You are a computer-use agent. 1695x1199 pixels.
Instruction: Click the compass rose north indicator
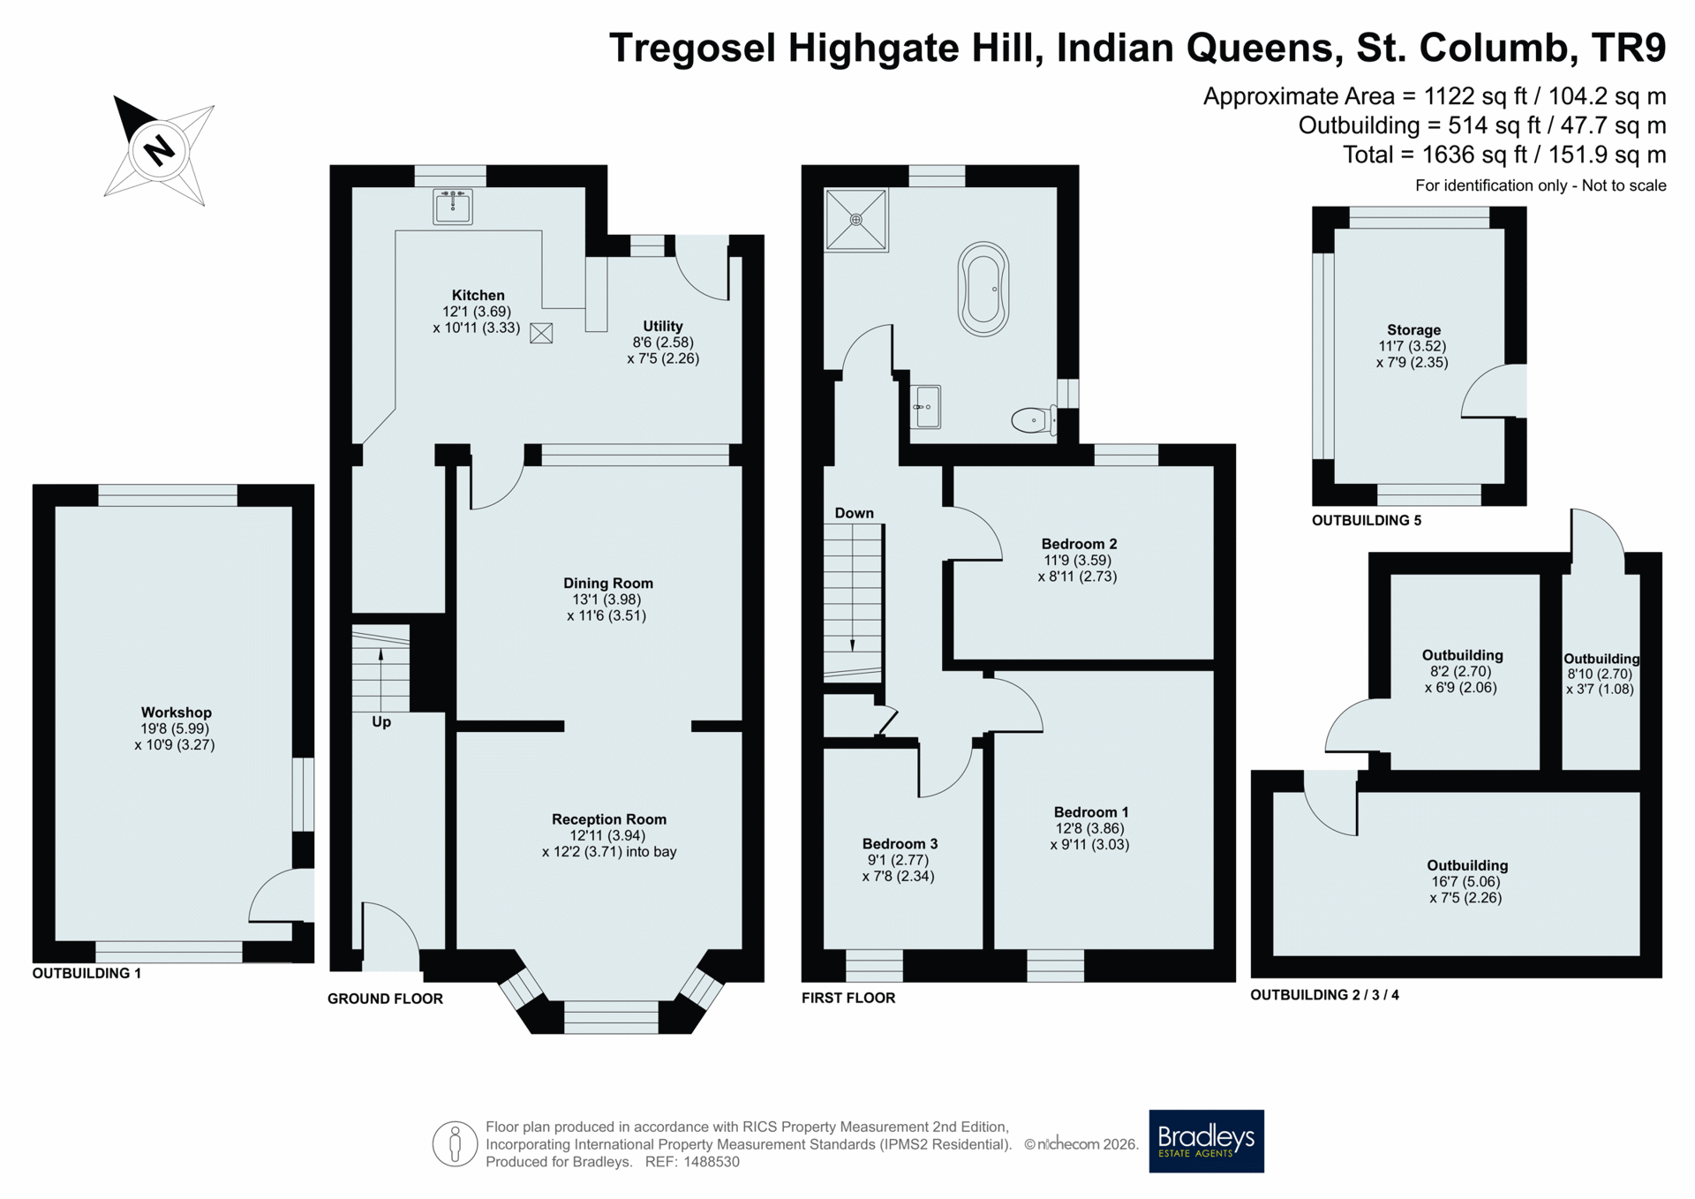159,150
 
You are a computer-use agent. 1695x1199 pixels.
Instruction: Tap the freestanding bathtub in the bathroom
983,290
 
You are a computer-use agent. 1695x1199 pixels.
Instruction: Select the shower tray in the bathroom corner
856,220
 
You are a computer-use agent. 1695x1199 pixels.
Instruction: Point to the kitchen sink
453,207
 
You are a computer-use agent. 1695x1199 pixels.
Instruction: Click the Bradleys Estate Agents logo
1206,1141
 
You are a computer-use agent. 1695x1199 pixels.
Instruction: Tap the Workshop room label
176,713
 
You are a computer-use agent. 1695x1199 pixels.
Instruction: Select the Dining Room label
608,583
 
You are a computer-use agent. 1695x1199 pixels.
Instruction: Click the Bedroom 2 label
1079,544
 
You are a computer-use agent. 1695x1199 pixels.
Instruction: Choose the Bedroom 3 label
900,844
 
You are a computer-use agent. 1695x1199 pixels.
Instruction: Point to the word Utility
662,326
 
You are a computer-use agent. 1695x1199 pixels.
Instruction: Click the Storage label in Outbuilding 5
1413,330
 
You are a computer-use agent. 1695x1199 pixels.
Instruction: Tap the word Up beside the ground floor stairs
381,721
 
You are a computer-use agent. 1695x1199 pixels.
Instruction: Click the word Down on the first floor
854,513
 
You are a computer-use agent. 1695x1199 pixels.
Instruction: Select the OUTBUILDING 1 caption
87,973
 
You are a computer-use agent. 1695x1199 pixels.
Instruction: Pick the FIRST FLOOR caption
848,998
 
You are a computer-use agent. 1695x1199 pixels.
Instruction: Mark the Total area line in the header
1504,155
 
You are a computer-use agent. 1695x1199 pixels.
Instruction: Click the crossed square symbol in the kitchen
541,333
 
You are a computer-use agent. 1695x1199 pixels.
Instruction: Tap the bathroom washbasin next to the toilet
925,407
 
